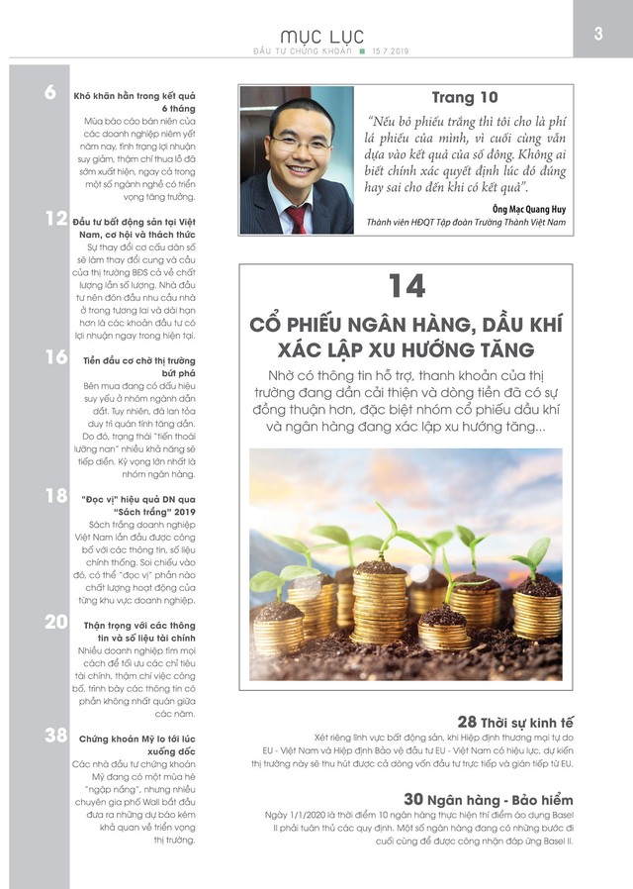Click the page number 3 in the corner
click(x=598, y=34)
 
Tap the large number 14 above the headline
click(x=406, y=285)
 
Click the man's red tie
click(x=296, y=218)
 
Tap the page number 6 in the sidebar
click(x=50, y=94)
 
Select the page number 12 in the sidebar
click(x=55, y=219)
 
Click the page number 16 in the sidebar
click(x=55, y=357)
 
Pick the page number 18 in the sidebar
click(x=55, y=495)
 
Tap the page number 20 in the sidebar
click(x=55, y=622)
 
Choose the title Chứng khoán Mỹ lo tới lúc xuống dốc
click(x=134, y=744)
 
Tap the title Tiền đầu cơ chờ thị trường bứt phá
click(x=134, y=368)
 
